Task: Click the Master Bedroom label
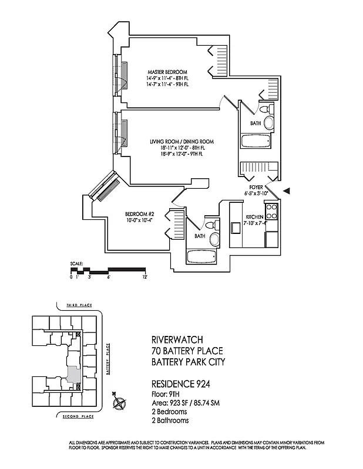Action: tap(167, 72)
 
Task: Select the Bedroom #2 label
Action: tap(139, 213)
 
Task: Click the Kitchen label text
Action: tap(255, 217)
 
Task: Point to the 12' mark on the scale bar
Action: tap(144, 276)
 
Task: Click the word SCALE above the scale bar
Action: tap(76, 263)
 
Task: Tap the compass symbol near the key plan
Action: tap(119, 403)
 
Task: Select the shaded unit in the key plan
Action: tap(73, 373)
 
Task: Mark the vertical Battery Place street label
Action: tap(108, 359)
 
